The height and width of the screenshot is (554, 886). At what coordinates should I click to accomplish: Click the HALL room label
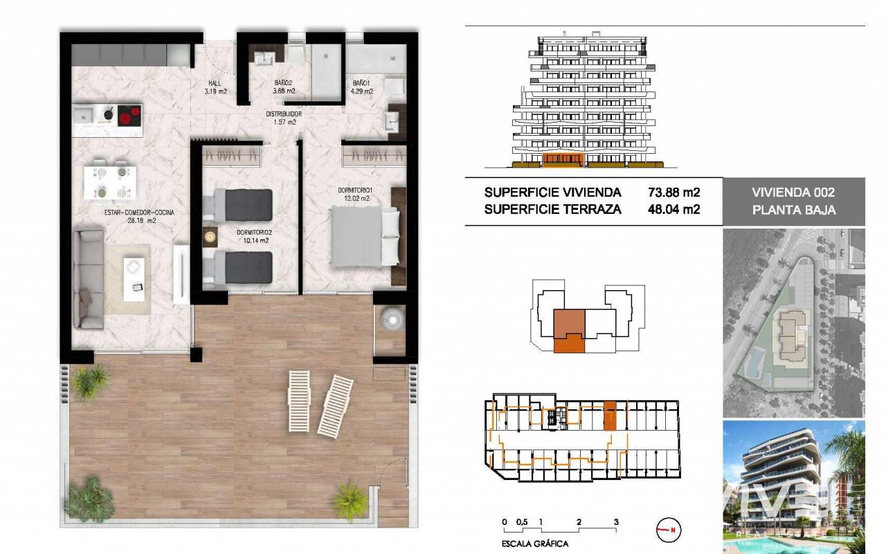tap(215, 84)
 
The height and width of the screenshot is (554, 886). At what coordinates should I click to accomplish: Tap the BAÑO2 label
tap(283, 83)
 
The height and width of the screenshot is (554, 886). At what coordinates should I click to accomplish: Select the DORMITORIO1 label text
tap(355, 190)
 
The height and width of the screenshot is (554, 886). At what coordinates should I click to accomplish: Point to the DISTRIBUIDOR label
tap(284, 114)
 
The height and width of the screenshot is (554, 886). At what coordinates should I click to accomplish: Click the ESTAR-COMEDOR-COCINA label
tap(139, 213)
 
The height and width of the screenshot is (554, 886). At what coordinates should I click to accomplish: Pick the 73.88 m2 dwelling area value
tap(674, 193)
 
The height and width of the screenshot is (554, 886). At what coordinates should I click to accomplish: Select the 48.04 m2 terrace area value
tap(674, 209)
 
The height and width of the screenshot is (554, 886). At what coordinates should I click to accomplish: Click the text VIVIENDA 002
tap(793, 193)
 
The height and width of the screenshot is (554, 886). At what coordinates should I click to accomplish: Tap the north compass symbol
tap(669, 530)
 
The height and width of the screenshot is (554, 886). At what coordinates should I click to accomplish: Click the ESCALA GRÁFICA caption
tap(535, 544)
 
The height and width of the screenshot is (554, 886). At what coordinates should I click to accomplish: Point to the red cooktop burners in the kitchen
tap(129, 116)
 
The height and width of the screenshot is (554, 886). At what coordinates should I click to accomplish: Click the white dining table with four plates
tap(110, 182)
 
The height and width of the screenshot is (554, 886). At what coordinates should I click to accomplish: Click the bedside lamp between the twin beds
tap(210, 237)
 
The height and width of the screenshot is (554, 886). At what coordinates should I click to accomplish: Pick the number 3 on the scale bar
tap(616, 522)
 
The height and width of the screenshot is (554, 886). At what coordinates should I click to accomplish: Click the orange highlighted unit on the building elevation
tap(563, 160)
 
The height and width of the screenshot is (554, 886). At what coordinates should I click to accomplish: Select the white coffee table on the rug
tap(134, 279)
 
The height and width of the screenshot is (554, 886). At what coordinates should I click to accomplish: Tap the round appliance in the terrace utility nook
tap(392, 320)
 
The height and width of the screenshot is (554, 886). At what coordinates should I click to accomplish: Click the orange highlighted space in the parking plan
tap(611, 415)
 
